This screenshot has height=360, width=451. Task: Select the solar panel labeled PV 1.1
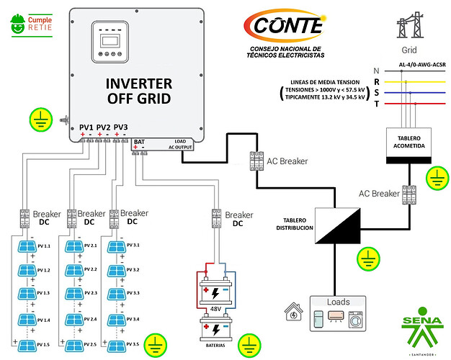(x=28, y=247)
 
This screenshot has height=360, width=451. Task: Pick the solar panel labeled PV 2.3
(x=73, y=292)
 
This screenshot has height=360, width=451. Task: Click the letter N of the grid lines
(x=377, y=70)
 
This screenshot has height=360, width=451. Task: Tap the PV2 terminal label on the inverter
(x=104, y=127)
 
